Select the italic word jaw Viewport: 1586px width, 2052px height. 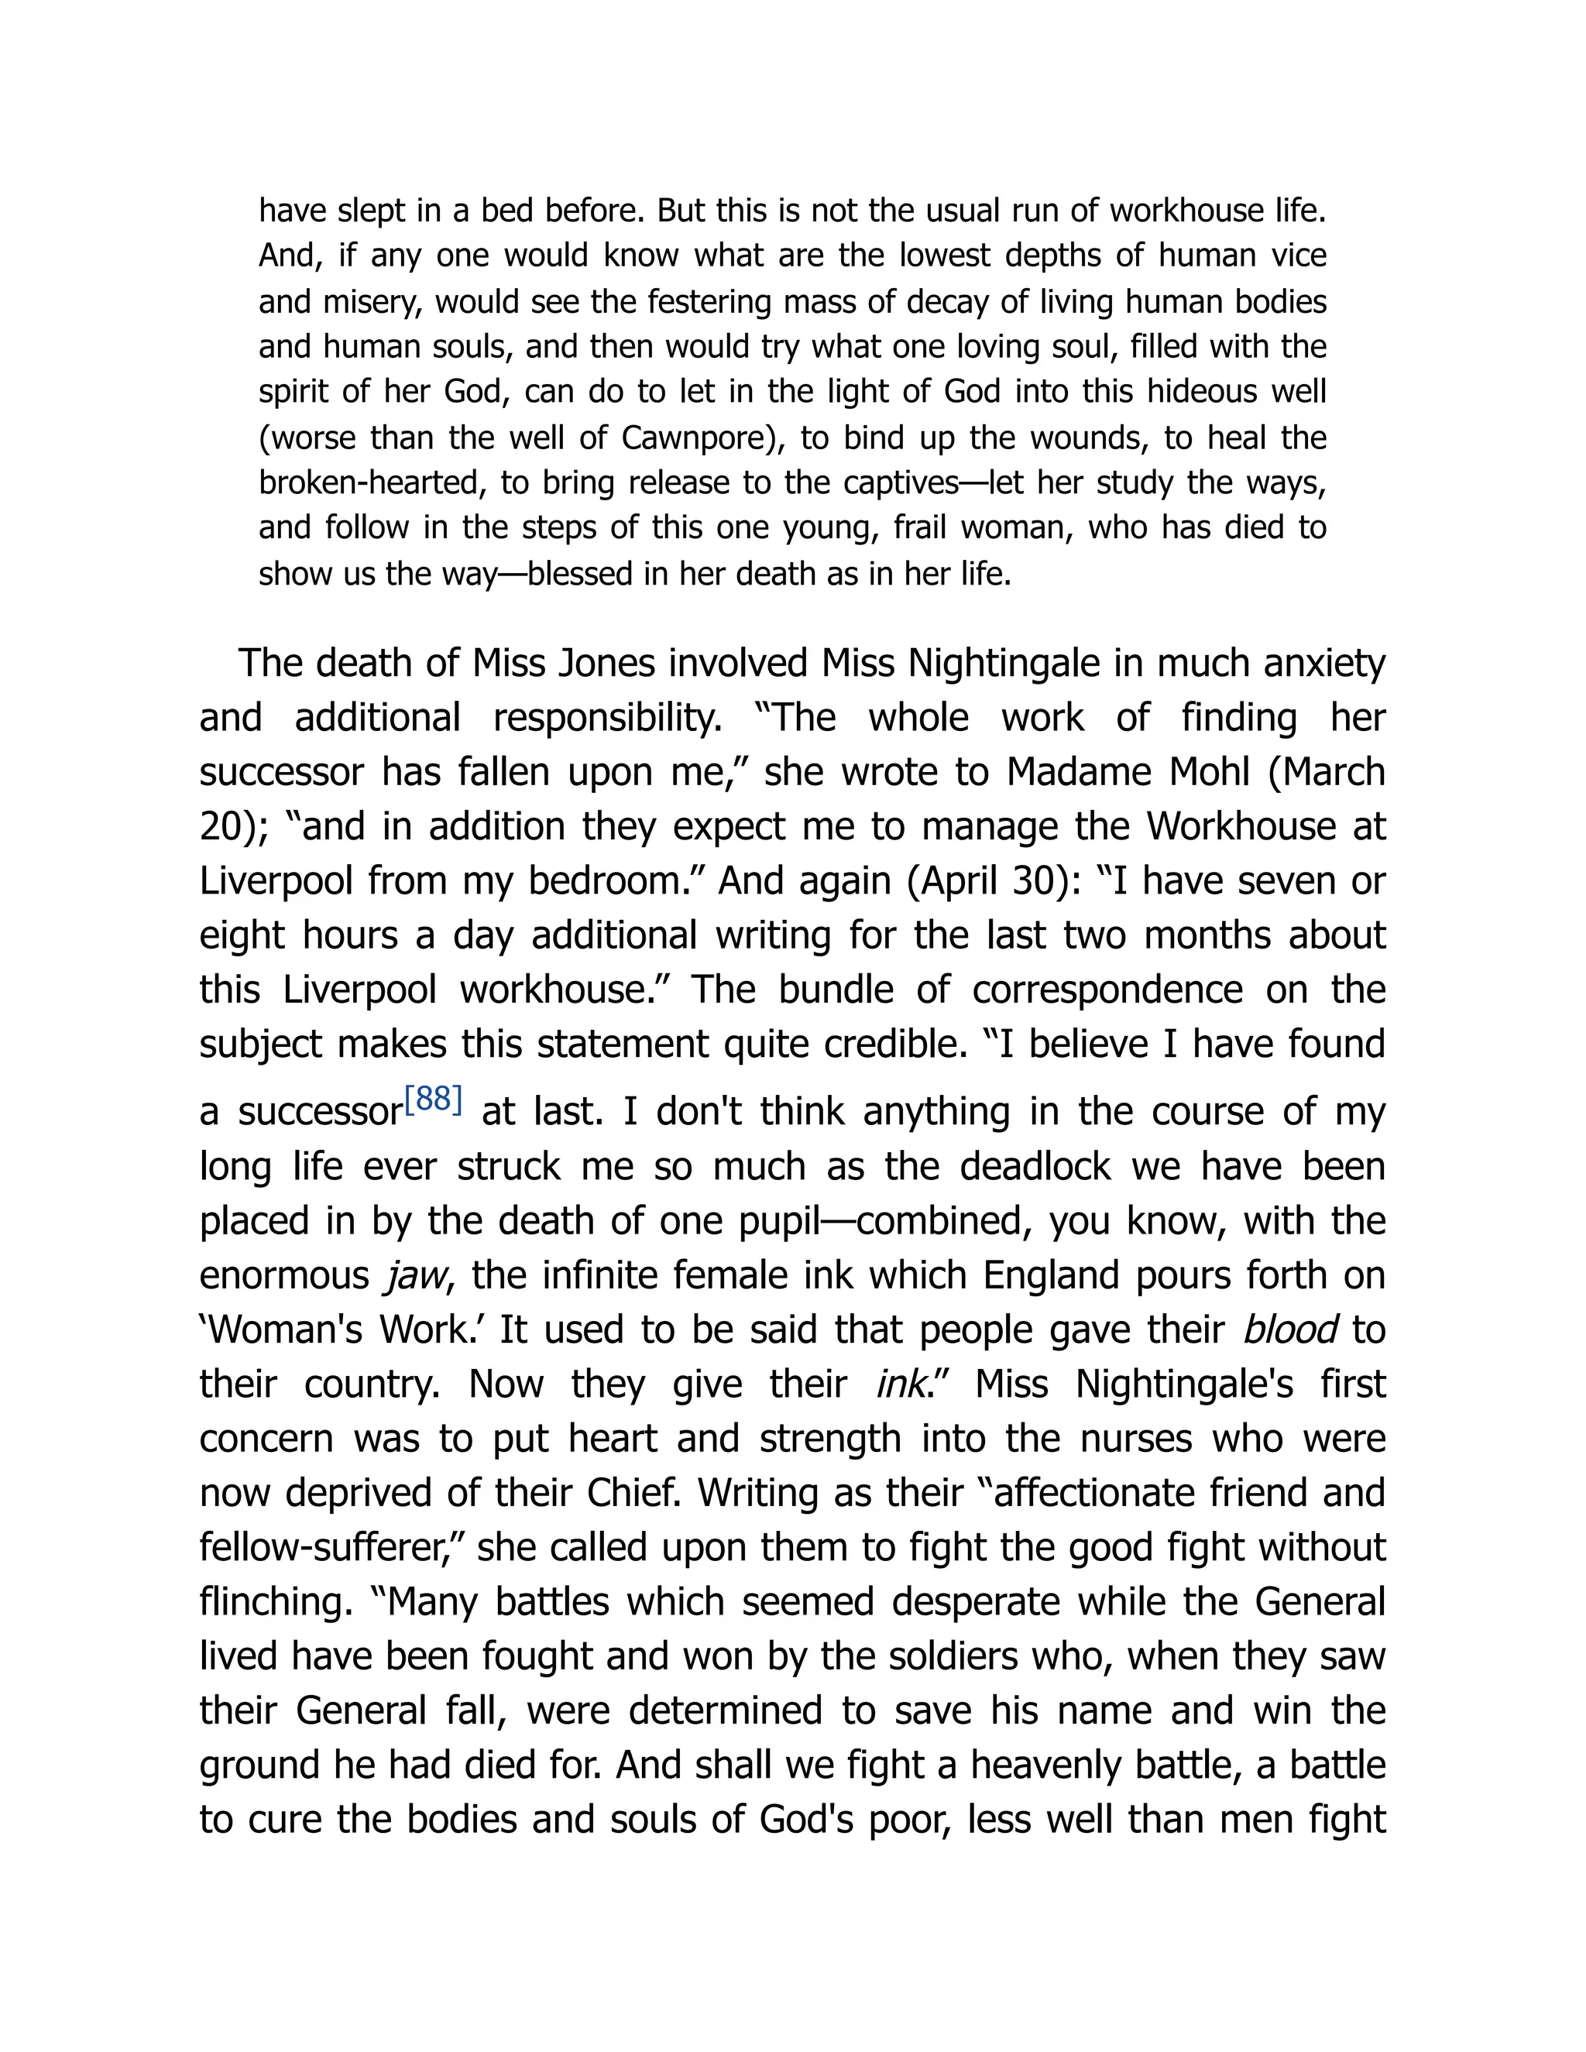414,1276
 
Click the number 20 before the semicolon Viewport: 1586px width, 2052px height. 221,827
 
